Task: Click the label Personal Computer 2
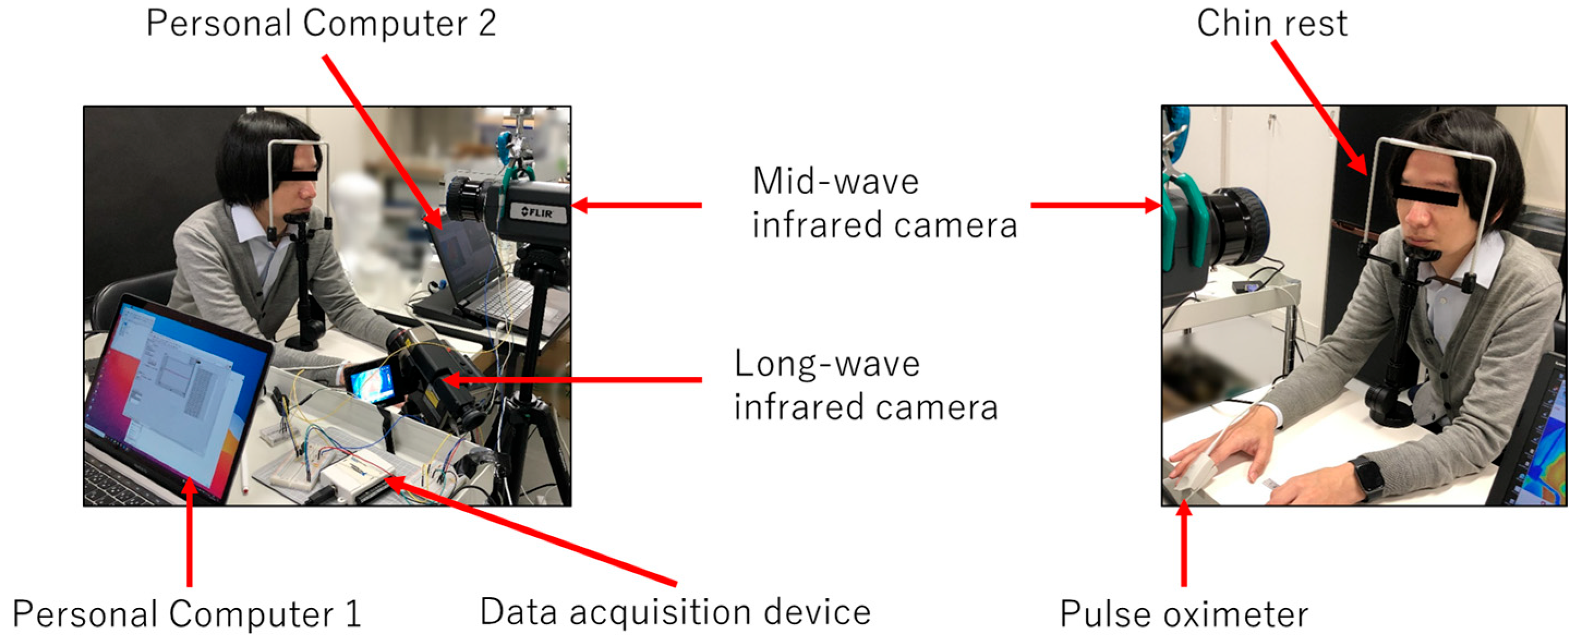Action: coord(320,25)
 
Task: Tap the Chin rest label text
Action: coord(1272,25)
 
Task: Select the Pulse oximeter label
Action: coord(1184,614)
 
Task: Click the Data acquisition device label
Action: coord(675,612)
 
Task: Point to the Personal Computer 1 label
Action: coord(187,614)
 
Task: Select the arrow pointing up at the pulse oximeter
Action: coord(1184,542)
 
